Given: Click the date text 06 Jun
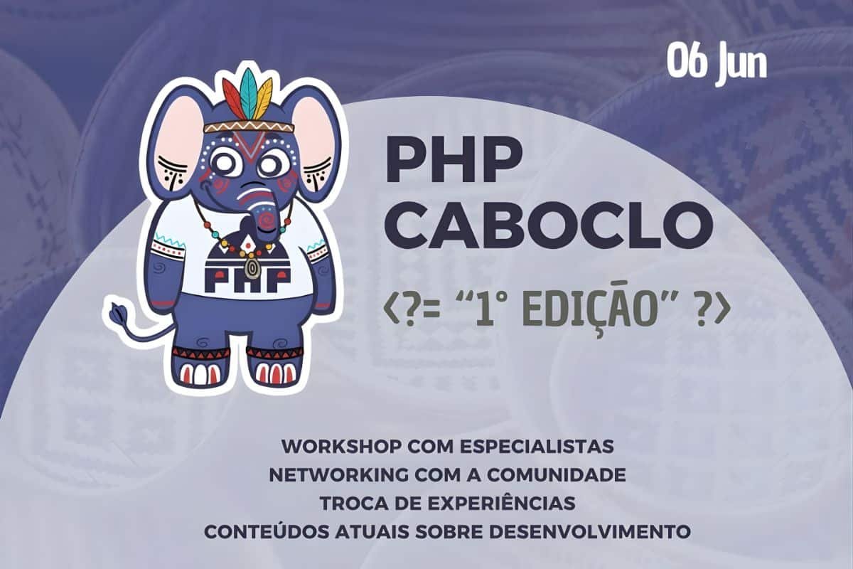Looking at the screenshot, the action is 717,64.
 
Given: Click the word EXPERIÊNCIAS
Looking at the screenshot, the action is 501,502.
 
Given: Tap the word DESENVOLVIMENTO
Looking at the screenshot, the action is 578,532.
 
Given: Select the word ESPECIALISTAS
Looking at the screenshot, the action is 537,447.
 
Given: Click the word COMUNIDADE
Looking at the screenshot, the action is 557,475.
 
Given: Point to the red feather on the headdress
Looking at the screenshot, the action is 233,99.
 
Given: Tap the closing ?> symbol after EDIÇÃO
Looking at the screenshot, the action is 711,312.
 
